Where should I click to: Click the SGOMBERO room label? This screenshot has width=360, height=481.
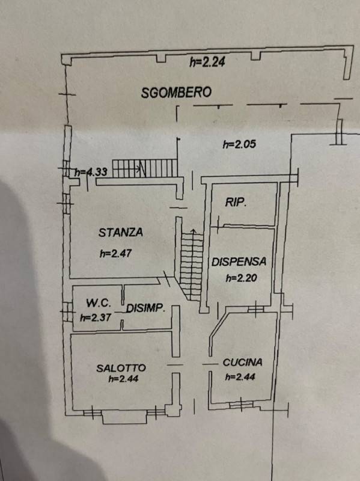point(176,93)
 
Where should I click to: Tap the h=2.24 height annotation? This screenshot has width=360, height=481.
point(207,62)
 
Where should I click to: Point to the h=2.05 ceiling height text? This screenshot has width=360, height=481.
point(239,144)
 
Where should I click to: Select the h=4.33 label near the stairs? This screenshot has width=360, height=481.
point(91,172)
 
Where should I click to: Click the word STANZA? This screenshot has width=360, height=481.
point(121,232)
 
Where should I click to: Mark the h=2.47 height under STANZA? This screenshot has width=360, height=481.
point(115,253)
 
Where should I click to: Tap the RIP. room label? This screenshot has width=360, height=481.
point(236,202)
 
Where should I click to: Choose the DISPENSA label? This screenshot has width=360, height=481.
point(239,262)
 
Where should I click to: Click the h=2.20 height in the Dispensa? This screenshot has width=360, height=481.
point(242,278)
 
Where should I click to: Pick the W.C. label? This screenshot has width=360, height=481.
point(99,303)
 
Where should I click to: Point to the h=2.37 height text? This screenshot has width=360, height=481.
point(96,317)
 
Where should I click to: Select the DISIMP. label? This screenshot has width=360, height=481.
point(145,308)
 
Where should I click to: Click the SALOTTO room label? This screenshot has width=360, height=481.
point(121,368)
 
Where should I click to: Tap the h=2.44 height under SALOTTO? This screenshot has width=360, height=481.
point(124,379)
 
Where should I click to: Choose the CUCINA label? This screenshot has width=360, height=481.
point(243,363)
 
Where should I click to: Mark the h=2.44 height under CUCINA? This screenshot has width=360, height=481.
point(240,376)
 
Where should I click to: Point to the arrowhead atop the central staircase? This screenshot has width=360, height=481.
point(193,231)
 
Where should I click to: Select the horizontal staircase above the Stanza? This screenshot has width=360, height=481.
point(145,168)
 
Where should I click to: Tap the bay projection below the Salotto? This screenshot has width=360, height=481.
point(124,418)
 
